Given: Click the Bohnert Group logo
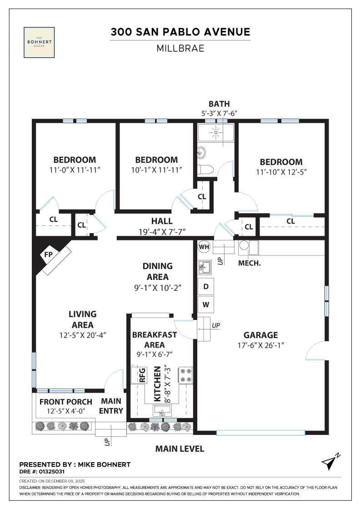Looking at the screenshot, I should pyautogui.click(x=39, y=42).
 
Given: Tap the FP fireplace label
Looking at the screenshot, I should pyautogui.click(x=48, y=255).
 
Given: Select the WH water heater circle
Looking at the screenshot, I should pyautogui.click(x=204, y=247).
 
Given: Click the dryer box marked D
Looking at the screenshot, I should pyautogui.click(x=206, y=287).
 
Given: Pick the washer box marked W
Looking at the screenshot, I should pyautogui.click(x=206, y=304).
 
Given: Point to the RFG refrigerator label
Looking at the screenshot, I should pyautogui.click(x=142, y=375).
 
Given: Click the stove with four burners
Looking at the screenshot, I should pyautogui.click(x=186, y=374).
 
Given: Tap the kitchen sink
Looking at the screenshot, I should pyautogui.click(x=161, y=411).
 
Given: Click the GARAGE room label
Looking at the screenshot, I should pyautogui.click(x=260, y=335).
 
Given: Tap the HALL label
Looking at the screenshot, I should pyautogui.click(x=162, y=221).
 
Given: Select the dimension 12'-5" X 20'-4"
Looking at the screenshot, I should pyautogui.click(x=82, y=336).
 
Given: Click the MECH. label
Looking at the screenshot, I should pyautogui.click(x=250, y=263).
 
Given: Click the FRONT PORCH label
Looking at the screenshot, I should pyautogui.click(x=65, y=402).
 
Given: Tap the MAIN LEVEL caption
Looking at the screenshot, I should pyautogui.click(x=180, y=449).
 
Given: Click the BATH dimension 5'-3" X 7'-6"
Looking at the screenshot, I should pyautogui.click(x=217, y=113).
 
